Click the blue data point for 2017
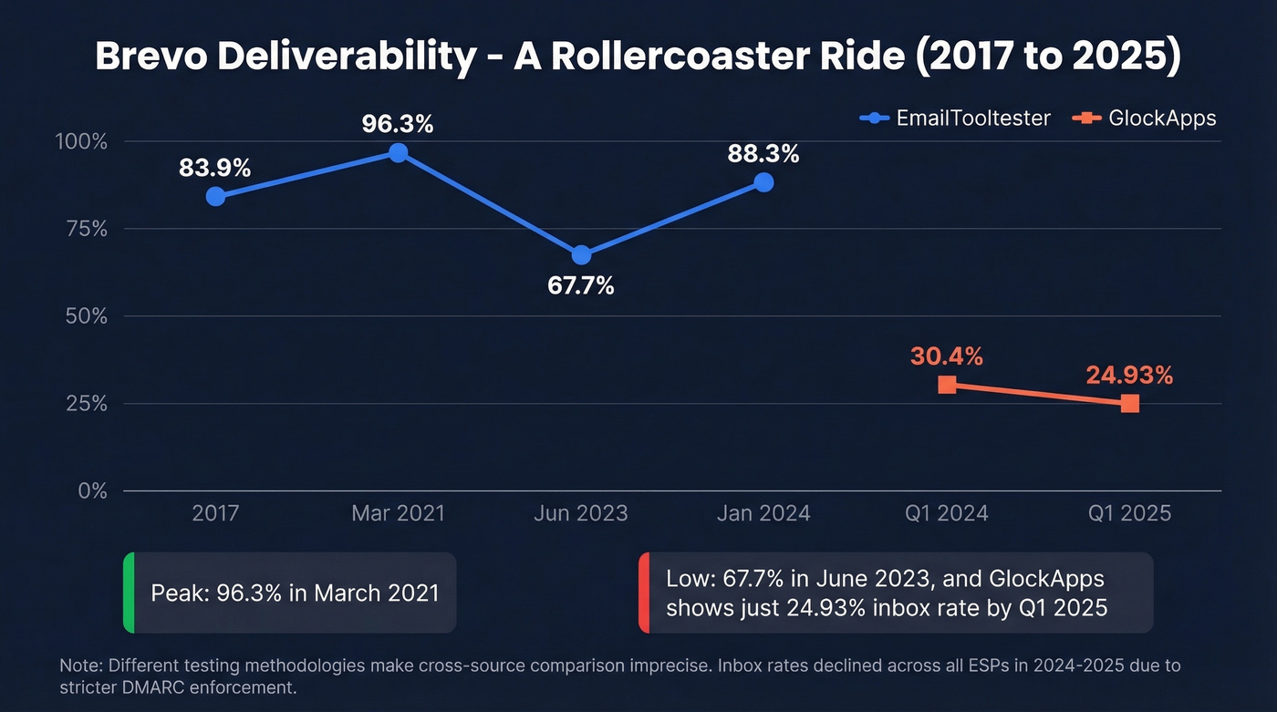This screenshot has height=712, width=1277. (x=215, y=196)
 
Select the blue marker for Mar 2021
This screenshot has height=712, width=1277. (x=398, y=152)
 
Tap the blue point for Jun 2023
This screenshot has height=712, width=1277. (x=581, y=254)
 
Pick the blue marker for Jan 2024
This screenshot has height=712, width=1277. (x=763, y=182)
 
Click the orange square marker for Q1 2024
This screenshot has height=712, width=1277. (x=947, y=385)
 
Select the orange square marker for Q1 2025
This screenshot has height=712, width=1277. (x=1129, y=403)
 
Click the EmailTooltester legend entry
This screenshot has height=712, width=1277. (x=955, y=118)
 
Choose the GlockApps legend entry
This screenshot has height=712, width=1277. (x=1146, y=118)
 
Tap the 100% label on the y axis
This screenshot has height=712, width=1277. (x=82, y=142)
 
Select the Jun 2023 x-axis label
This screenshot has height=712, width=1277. (x=581, y=513)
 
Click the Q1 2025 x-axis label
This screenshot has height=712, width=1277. (x=1129, y=513)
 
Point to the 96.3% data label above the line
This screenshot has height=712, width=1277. (x=398, y=123)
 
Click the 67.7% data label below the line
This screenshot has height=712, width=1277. (x=581, y=285)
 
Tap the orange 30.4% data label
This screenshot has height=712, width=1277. (x=947, y=356)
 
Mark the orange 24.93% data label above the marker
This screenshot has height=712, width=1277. (x=1129, y=375)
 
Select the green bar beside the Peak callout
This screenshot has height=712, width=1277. (x=129, y=593)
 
